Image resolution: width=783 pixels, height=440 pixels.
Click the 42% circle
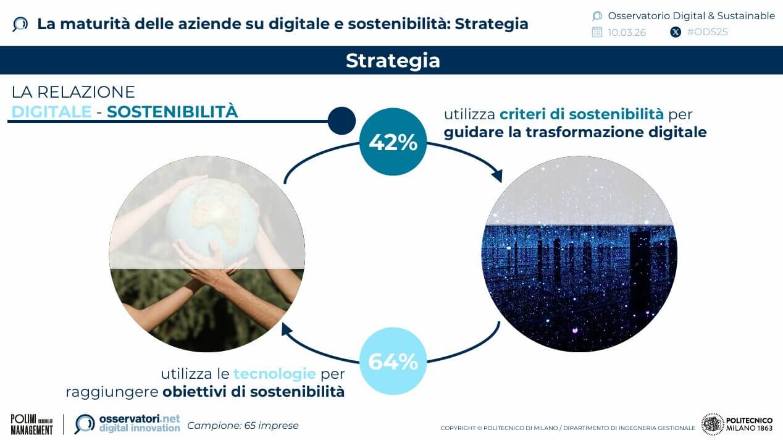tap(393, 142)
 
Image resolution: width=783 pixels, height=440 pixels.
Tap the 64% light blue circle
tap(393, 361)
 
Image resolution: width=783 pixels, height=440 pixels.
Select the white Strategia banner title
tap(393, 61)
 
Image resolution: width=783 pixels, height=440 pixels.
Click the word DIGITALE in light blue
tap(51, 112)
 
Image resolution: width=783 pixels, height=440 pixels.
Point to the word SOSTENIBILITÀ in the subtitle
tap(172, 112)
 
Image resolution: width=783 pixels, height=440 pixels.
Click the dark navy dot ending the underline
tap(342, 121)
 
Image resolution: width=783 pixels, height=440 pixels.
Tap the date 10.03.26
tap(627, 33)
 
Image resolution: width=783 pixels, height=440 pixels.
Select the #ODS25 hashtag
tap(707, 32)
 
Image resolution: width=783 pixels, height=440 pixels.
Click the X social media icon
tap(676, 33)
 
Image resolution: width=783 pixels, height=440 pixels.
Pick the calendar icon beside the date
tap(597, 32)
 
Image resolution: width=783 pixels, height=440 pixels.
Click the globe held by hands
tap(212, 221)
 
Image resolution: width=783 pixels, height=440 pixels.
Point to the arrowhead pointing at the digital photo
tap(498, 176)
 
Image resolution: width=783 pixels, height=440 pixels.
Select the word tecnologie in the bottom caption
tap(275, 373)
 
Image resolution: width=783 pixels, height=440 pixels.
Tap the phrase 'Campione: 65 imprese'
tap(243, 426)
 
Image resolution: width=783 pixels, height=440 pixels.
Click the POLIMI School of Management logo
tap(32, 425)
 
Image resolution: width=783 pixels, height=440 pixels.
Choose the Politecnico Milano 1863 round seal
tap(713, 425)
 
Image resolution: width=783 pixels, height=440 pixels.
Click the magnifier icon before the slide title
tap(20, 25)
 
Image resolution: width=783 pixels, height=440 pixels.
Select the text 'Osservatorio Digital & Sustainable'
tap(692, 15)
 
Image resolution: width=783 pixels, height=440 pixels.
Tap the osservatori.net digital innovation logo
tap(128, 424)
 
